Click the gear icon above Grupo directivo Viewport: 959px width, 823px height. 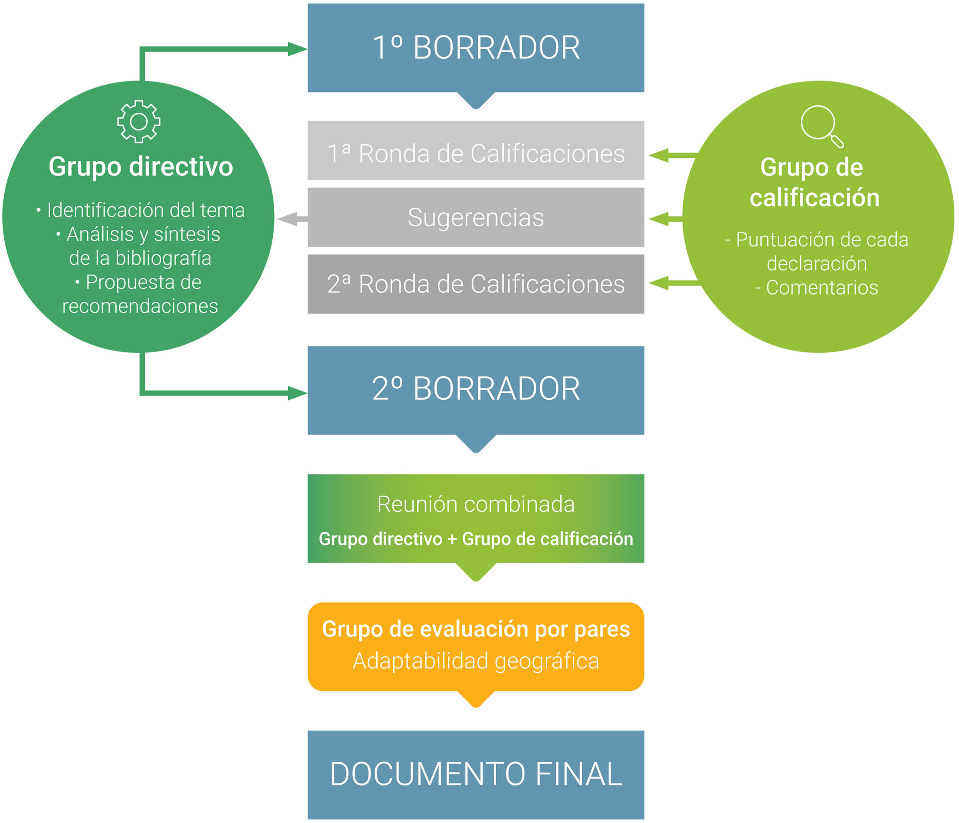(139, 122)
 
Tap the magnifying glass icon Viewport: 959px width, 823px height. (822, 126)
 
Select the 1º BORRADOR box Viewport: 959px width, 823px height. (476, 48)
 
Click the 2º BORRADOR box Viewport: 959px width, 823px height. (476, 390)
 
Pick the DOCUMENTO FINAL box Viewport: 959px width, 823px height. (476, 774)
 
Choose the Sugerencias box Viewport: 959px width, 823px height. (476, 217)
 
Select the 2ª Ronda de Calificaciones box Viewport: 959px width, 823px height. (476, 284)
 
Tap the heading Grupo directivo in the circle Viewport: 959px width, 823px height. (141, 167)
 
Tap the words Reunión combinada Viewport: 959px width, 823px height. (476, 504)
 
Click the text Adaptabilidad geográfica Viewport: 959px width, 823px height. (476, 661)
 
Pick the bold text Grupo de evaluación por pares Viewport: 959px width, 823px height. (476, 629)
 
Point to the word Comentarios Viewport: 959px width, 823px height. (822, 288)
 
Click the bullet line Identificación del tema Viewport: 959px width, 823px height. (145, 210)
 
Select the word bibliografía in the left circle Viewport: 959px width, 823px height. (163, 258)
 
